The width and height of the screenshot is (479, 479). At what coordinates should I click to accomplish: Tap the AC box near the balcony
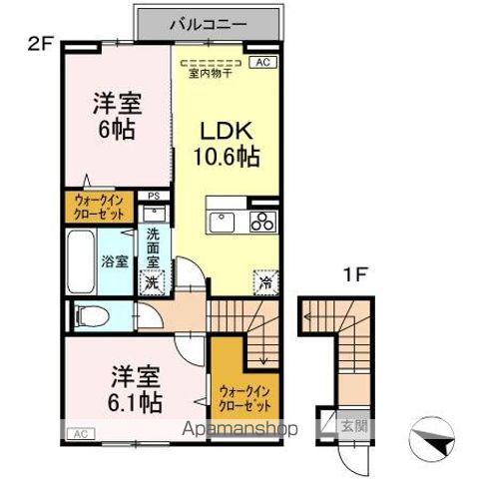(x=264, y=62)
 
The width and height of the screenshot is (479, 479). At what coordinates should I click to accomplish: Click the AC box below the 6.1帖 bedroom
(x=79, y=432)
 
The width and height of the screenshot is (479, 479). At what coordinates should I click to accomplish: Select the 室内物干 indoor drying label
(x=208, y=72)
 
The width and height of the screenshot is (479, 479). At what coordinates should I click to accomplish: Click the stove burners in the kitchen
(x=263, y=221)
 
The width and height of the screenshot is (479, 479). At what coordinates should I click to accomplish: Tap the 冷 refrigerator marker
(x=264, y=282)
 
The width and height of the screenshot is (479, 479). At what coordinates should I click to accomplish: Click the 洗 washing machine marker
(x=151, y=281)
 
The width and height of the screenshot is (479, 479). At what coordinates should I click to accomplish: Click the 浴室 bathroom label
(x=114, y=261)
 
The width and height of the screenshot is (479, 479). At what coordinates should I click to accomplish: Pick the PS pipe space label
(x=153, y=197)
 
